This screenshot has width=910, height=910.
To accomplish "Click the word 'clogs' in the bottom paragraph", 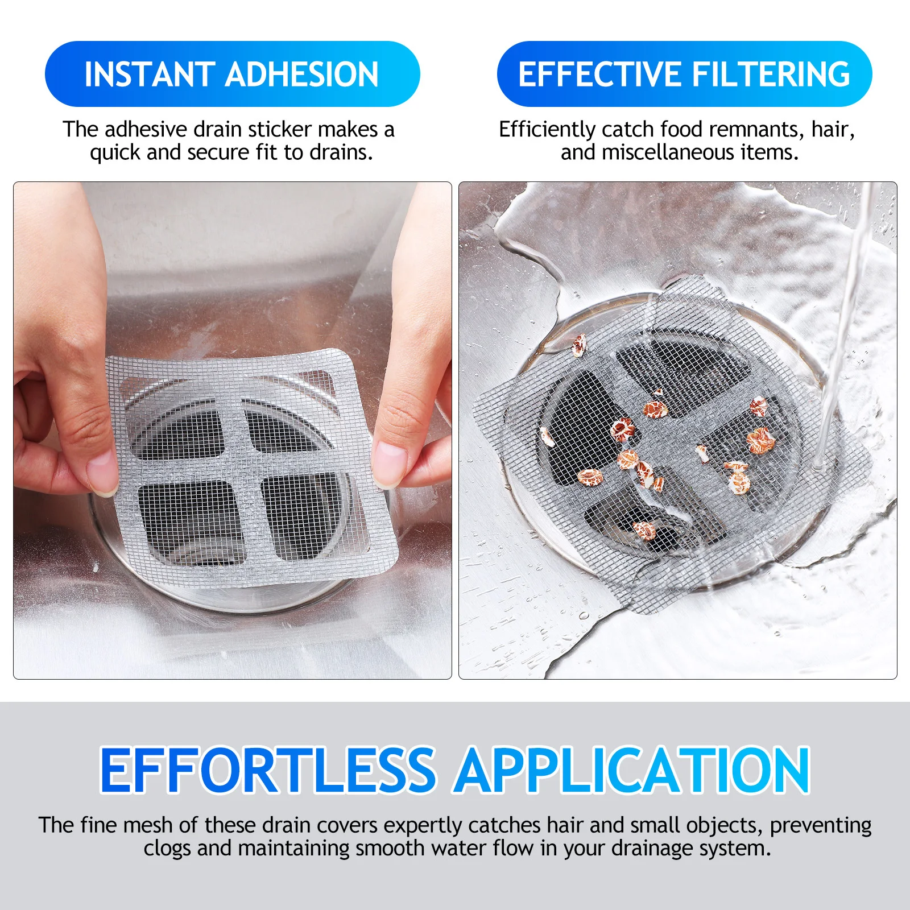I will tap(167, 848).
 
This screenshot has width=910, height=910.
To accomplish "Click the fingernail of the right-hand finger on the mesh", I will tap(390, 465).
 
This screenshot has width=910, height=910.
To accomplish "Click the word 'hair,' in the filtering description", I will tap(833, 130).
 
